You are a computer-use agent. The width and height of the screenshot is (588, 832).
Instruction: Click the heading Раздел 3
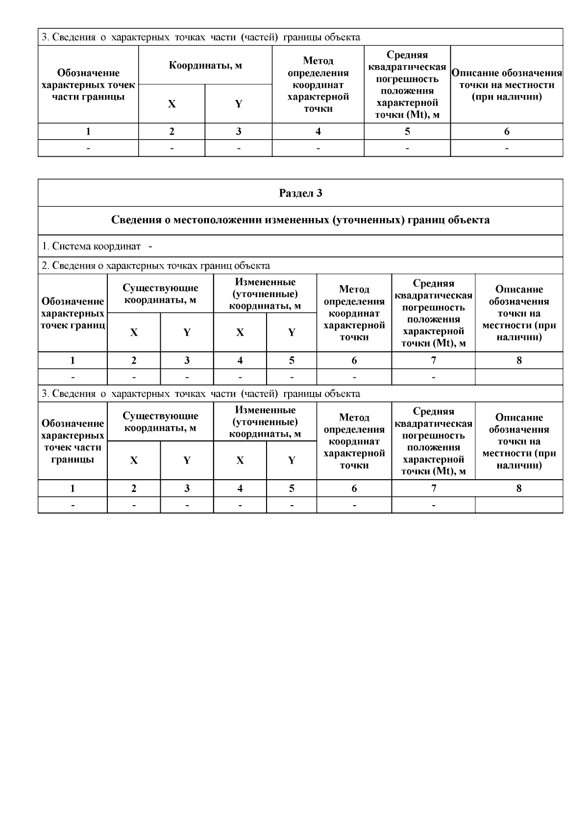click(300, 193)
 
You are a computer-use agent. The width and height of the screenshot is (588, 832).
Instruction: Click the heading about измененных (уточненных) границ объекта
click(300, 220)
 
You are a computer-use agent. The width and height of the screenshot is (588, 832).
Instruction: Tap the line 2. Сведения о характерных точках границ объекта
click(156, 266)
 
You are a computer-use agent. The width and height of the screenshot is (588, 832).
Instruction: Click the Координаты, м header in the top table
click(205, 65)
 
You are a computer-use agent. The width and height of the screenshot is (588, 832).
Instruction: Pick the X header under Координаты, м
click(171, 104)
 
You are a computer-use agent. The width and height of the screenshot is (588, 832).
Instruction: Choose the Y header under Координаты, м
click(238, 104)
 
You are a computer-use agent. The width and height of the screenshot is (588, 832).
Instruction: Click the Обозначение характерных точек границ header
click(73, 313)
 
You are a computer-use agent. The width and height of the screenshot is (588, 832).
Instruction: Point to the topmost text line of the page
click(201, 37)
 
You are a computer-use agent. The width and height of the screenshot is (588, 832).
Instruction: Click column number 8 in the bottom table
click(519, 488)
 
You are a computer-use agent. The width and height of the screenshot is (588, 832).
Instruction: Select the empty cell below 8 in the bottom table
click(519, 505)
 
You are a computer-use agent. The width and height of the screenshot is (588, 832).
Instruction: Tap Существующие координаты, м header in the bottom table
click(160, 421)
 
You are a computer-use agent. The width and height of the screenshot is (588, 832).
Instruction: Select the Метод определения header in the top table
click(318, 84)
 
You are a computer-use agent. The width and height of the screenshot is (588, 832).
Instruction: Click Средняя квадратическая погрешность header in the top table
click(407, 84)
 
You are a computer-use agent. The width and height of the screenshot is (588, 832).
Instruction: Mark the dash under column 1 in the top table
click(88, 148)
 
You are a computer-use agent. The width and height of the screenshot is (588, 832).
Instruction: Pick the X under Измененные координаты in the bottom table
click(240, 460)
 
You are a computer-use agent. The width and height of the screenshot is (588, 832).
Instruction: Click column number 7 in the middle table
click(433, 360)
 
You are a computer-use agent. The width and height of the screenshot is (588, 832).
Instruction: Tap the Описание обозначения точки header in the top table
click(506, 84)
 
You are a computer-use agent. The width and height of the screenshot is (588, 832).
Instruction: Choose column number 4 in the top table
click(318, 131)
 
